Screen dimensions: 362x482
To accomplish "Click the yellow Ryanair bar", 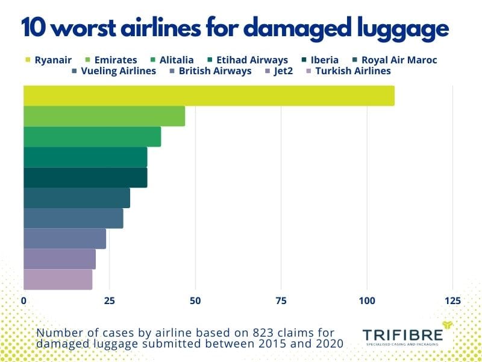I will point(208,96).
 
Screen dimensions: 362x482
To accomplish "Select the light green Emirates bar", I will point(104,116).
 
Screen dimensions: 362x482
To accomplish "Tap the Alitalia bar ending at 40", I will point(92,137).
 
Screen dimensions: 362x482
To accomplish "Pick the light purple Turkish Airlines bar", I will point(58,279).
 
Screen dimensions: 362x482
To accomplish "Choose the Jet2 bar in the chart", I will point(59,259).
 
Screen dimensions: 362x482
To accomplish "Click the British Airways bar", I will point(64,239).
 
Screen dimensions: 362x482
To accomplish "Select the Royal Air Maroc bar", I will point(77,198).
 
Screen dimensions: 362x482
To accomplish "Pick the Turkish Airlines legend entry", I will point(352,71).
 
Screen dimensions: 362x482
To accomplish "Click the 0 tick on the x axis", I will point(23,300).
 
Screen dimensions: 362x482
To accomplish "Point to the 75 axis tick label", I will point(281,300).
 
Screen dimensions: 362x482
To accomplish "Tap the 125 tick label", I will point(452,300).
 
